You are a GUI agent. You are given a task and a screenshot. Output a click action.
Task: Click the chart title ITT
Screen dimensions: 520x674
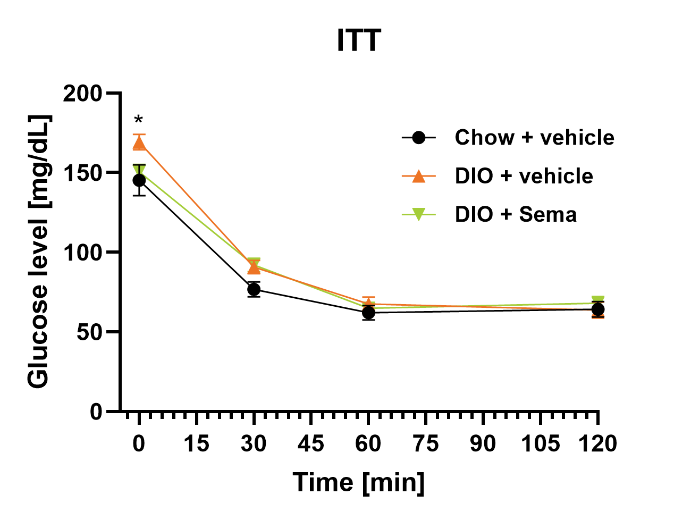[359, 40]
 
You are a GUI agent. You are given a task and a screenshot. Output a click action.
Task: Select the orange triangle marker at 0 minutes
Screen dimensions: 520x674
[139, 143]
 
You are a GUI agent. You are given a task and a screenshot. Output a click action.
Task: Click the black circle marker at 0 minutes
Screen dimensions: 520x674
[139, 181]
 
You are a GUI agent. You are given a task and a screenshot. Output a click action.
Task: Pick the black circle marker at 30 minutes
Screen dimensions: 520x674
[254, 289]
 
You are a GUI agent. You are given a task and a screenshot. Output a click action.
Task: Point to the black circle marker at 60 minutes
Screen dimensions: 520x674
[368, 313]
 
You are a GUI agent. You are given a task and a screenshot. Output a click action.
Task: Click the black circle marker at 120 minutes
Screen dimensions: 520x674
[598, 309]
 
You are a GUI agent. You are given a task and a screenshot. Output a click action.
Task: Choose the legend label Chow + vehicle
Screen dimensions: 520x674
[534, 138]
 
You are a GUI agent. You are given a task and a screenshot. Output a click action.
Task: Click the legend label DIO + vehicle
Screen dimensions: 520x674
[524, 176]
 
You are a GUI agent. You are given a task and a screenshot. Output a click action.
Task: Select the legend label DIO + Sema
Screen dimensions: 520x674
[516, 214]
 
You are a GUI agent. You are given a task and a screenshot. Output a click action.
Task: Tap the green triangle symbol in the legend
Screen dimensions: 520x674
[419, 215]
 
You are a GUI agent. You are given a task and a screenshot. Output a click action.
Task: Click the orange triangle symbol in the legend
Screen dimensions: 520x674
[419, 176]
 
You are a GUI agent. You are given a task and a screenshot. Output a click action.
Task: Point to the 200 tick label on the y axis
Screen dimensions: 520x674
[83, 94]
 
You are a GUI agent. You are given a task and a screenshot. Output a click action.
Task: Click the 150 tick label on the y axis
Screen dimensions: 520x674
[83, 173]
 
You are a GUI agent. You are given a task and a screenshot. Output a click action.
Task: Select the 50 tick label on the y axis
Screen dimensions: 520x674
[89, 332]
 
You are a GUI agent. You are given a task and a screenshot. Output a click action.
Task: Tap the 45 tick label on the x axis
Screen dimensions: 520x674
[311, 443]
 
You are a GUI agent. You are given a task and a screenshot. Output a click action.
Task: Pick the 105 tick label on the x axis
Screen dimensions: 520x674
[540, 443]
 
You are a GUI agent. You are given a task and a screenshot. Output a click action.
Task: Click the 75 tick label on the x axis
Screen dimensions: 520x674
[426, 443]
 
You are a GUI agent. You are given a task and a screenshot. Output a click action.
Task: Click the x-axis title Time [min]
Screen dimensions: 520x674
[359, 483]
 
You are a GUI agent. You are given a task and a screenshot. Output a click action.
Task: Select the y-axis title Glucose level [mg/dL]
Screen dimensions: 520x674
[39, 251]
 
